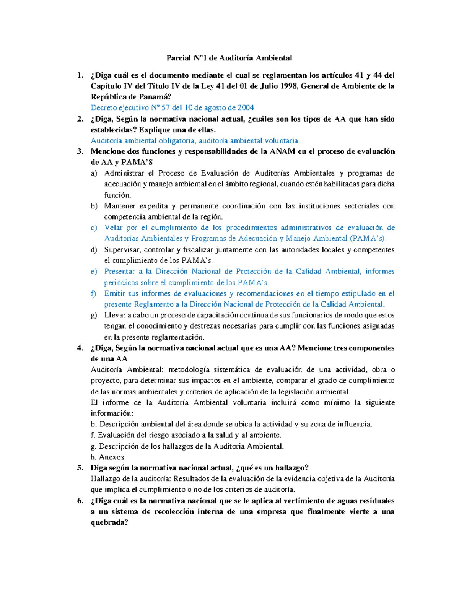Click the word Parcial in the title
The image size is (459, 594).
pyautogui.click(x=178, y=58)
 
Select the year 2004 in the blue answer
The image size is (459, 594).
pyautogui.click(x=246, y=108)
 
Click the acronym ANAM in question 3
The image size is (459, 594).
pyautogui.click(x=283, y=151)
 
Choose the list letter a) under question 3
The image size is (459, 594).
pyautogui.click(x=94, y=173)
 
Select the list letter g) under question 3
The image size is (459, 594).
pyautogui.click(x=94, y=316)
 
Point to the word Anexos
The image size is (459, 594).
pyautogui.click(x=111, y=457)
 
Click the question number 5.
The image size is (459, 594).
pyautogui.click(x=80, y=468)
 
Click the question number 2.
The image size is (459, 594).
pyautogui.click(x=80, y=119)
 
